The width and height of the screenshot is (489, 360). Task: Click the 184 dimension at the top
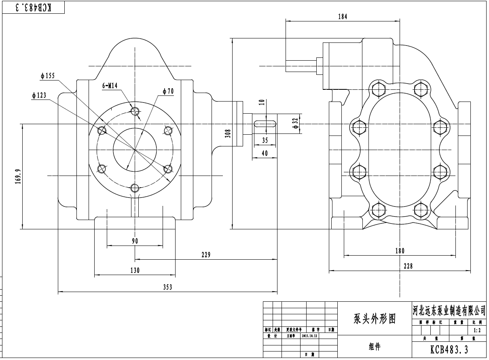tap(342, 17)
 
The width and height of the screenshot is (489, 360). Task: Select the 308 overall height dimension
tap(228, 133)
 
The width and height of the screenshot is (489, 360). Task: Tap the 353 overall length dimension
tap(167, 287)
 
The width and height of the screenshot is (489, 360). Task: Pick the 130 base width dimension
tap(135, 271)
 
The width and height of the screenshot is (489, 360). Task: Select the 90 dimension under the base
tap(135, 241)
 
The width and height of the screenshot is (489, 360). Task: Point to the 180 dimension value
tap(399, 251)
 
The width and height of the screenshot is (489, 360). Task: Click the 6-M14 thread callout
tap(109, 86)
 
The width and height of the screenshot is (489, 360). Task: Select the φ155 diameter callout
tap(47, 76)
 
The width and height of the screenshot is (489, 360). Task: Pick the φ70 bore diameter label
tap(168, 91)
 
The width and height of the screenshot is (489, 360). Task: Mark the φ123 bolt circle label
tap(39, 95)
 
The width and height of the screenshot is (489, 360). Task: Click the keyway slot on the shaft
tap(265, 124)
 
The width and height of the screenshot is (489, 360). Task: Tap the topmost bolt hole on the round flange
tap(135, 111)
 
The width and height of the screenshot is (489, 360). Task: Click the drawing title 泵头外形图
tap(375, 319)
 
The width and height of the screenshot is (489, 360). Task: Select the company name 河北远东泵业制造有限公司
tap(449, 310)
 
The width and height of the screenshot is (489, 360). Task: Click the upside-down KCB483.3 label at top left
tap(34, 7)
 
